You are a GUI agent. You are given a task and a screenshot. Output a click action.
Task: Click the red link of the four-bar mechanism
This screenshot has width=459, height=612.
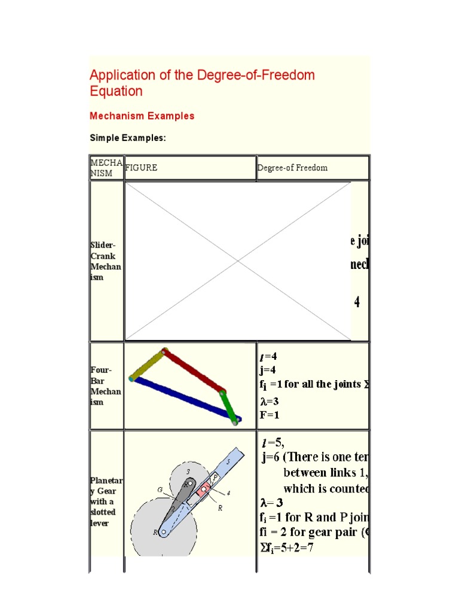coord(193,372)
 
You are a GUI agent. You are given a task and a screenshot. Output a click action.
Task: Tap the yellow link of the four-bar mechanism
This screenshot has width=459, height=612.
coord(148,365)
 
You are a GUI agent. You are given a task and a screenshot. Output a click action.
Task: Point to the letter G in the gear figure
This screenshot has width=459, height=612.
coord(160,489)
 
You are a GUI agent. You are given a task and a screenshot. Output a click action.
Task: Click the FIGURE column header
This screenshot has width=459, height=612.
coord(141,168)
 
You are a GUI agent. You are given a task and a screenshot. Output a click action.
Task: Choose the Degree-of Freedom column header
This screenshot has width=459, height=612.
coord(292,168)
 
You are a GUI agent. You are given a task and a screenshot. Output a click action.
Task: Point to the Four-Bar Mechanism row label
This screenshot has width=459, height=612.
coord(105,386)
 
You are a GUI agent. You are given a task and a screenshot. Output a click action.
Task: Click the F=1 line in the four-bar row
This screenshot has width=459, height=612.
coord(269,414)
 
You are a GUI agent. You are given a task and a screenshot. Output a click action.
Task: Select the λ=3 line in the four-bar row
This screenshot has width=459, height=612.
coord(269,401)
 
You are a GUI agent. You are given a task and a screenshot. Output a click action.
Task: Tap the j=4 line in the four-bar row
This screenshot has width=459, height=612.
coord(267,370)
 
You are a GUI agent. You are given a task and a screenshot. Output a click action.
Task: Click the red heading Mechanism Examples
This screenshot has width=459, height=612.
coord(142,116)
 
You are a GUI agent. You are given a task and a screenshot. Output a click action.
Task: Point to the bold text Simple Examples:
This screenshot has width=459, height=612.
coord(127,138)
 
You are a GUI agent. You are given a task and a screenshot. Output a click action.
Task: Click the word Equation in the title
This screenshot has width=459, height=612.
coord(116,91)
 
